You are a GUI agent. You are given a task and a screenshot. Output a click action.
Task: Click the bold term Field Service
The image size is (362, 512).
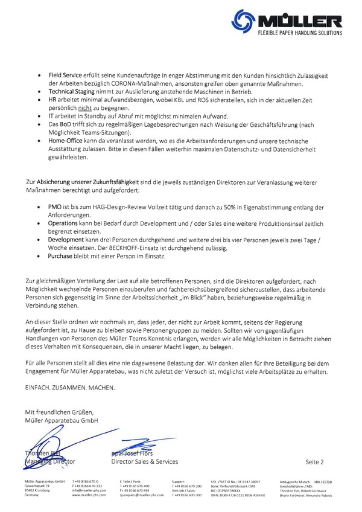click(65, 75)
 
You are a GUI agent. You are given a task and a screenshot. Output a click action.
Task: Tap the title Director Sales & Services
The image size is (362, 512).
click(144, 461)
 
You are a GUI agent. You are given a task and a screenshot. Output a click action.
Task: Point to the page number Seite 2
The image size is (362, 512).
click(314, 462)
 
